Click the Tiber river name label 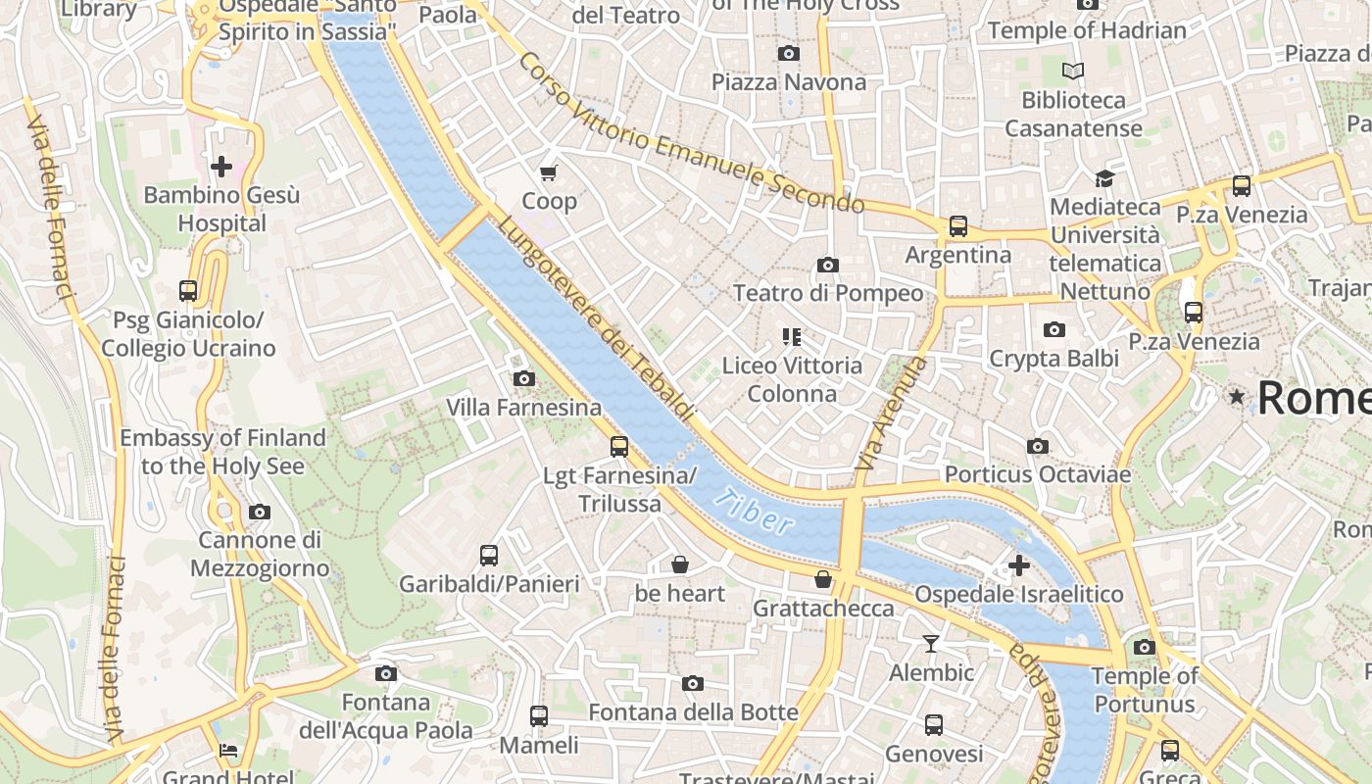coord(754,511)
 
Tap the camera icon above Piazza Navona coord(789,53)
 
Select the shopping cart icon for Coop coord(549,173)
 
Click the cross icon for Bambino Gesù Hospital coord(221,167)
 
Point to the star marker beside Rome coord(1237,397)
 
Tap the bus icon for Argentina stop coord(958,226)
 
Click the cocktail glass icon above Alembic coord(931,644)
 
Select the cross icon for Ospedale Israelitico coord(1019,565)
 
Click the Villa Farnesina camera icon coord(524,378)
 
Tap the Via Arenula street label coord(890,414)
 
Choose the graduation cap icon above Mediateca coord(1104,178)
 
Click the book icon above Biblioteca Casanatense coord(1074,71)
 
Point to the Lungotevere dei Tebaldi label coord(596,318)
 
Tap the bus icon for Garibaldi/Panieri coord(489,556)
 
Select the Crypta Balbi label coord(1053,359)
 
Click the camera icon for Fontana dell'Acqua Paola coord(386,673)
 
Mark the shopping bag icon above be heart coord(680,564)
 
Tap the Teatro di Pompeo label coord(828,293)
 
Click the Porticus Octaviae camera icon coord(1038,447)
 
